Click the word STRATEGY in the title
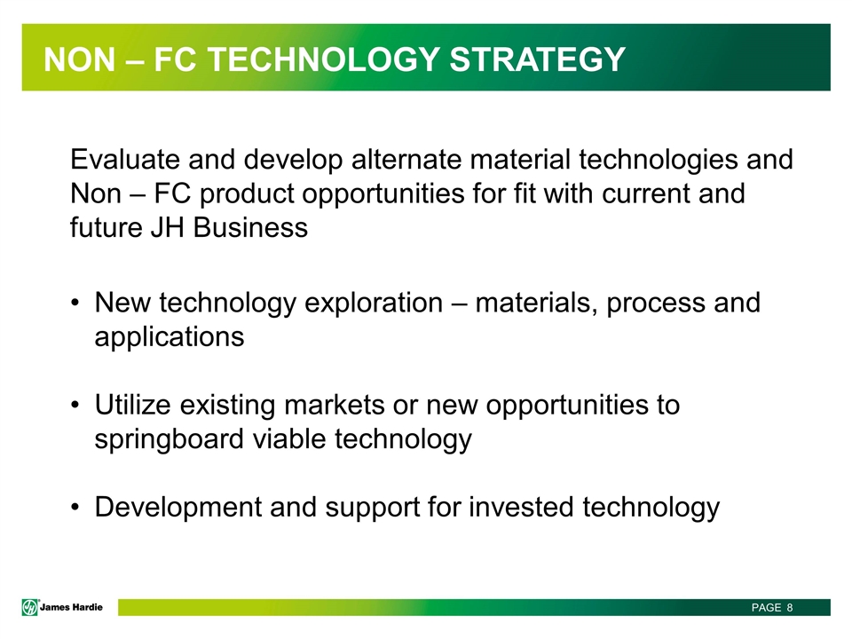click(x=538, y=59)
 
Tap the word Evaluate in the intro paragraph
click(x=125, y=160)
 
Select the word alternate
click(x=406, y=160)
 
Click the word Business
click(x=250, y=228)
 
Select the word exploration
click(x=374, y=304)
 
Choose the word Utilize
click(x=132, y=406)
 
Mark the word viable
click(x=289, y=439)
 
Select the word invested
click(x=521, y=508)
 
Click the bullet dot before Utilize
click(x=75, y=406)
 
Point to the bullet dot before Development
click(x=75, y=508)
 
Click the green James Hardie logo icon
click(x=30, y=607)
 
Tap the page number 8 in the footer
click(x=790, y=607)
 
